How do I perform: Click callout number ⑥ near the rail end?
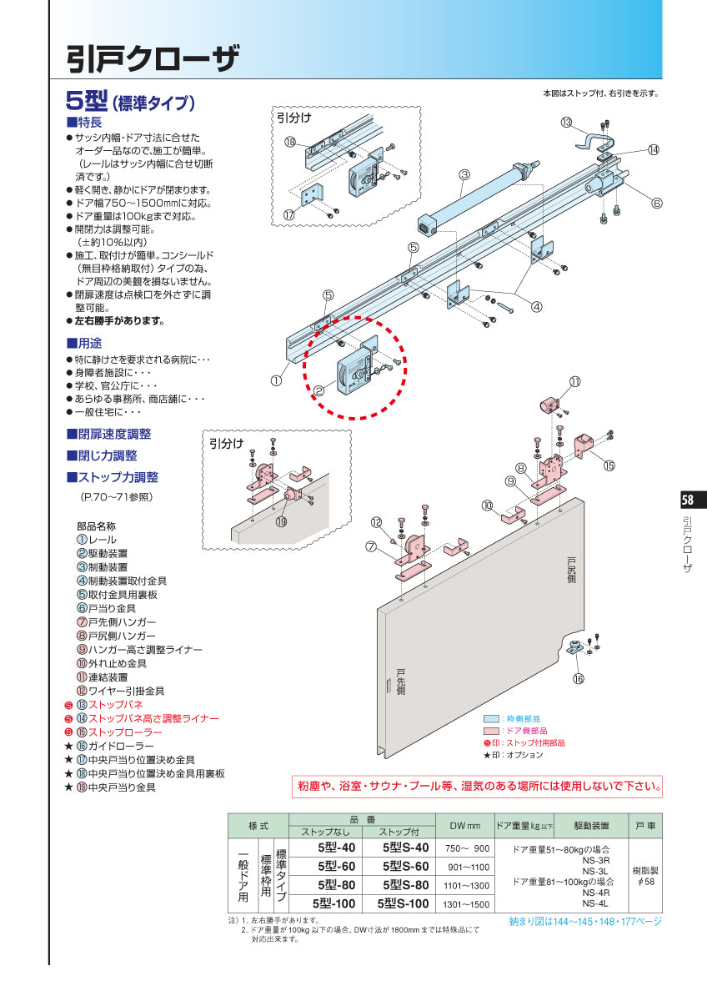click(x=657, y=203)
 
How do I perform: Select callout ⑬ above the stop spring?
click(x=566, y=123)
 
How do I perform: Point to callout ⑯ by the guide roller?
click(x=579, y=678)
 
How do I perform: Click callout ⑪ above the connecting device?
click(x=575, y=382)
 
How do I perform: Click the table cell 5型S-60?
click(x=405, y=866)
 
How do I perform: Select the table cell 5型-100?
click(x=333, y=903)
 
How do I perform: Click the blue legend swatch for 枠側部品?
click(x=494, y=717)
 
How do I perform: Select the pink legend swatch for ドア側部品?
click(x=494, y=730)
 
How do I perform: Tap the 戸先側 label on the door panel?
click(x=400, y=682)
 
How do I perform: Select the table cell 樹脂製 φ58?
click(x=645, y=875)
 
